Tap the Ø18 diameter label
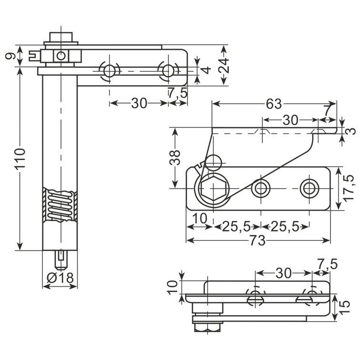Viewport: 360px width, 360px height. click(60, 278)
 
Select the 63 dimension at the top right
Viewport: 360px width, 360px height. click(274, 104)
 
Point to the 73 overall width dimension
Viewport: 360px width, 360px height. click(258, 240)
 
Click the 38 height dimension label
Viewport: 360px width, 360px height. click(175, 158)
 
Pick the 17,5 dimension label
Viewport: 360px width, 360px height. click(349, 188)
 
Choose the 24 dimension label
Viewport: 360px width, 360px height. click(224, 65)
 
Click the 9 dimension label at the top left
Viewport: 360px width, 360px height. click(10, 56)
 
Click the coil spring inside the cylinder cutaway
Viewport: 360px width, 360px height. click(60, 205)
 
